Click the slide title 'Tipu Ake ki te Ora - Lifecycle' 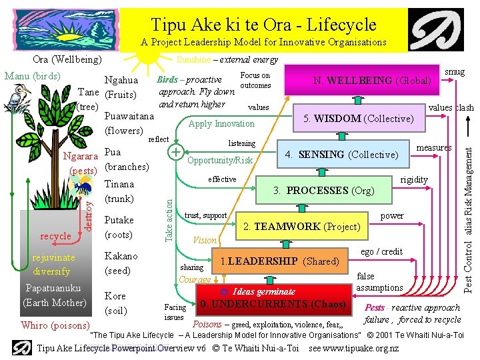pos(263,25)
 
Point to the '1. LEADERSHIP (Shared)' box pos(279,261)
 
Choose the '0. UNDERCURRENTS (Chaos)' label pos(274,305)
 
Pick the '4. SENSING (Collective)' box pos(342,155)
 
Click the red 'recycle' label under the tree pos(55,236)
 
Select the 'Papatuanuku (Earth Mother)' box pos(54,295)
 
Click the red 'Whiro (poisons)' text pos(55,325)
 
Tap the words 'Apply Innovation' pos(222,123)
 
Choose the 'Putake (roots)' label pos(120,227)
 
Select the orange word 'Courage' pos(195,280)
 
